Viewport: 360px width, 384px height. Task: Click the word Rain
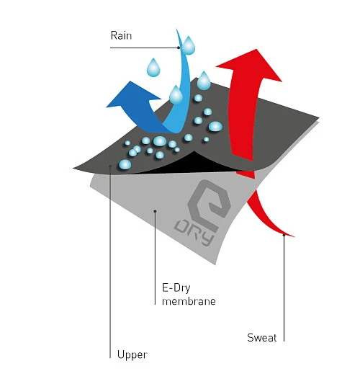point(121,35)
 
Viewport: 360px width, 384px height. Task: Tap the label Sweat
point(262,338)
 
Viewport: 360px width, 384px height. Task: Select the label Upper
point(132,355)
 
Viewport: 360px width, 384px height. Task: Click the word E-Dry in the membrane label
point(176,288)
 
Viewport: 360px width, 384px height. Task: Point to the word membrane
point(189,301)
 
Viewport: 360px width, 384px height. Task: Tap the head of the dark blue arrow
point(132,96)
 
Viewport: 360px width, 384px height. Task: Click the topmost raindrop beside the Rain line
point(189,46)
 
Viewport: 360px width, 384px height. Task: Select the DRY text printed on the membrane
point(194,233)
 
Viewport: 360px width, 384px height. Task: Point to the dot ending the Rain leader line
point(179,48)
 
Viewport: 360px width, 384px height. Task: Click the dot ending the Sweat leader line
point(284,235)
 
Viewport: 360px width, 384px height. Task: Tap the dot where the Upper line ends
point(110,166)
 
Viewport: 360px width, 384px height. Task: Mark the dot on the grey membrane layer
point(155,211)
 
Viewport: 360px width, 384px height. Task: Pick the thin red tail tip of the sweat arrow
point(293,236)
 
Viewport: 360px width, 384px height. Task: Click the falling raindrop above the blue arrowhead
point(153,68)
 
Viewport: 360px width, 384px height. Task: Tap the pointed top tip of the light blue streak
point(176,30)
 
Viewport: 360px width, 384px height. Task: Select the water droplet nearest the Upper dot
point(125,164)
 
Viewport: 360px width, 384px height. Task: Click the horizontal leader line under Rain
point(145,48)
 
